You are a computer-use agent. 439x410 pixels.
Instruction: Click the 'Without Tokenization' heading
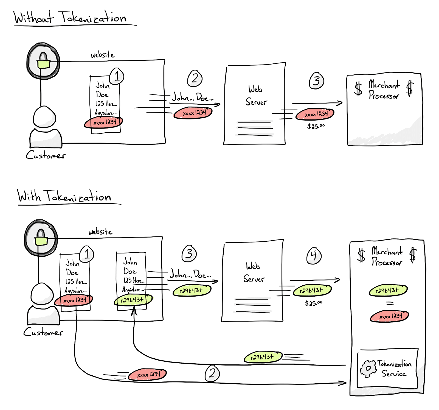click(x=70, y=18)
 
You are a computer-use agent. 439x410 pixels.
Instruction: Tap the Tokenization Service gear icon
click(x=368, y=369)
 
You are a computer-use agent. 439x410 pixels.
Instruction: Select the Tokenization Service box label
click(x=394, y=369)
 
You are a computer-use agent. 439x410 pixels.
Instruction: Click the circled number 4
click(x=314, y=256)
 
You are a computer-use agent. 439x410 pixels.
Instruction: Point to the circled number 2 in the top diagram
click(x=195, y=79)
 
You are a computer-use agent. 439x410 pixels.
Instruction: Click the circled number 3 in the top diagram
click(x=317, y=81)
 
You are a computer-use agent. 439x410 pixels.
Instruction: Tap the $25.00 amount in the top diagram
click(x=316, y=126)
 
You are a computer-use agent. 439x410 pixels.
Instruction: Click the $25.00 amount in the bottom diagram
click(x=313, y=303)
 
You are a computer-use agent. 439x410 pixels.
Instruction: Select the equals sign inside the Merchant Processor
click(x=390, y=303)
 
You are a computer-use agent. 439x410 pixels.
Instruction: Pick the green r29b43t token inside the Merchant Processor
click(x=388, y=290)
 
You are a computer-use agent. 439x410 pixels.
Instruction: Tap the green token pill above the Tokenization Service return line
click(x=263, y=357)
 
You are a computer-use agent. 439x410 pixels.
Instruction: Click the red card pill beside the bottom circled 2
click(x=148, y=375)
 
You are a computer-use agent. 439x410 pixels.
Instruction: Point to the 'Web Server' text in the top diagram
click(x=256, y=96)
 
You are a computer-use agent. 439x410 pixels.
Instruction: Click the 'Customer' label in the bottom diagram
click(x=43, y=332)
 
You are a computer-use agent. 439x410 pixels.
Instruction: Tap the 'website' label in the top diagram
click(x=103, y=55)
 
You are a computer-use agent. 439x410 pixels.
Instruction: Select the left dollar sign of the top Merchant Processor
click(x=358, y=89)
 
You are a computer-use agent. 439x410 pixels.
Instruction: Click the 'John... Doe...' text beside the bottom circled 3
click(x=190, y=274)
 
